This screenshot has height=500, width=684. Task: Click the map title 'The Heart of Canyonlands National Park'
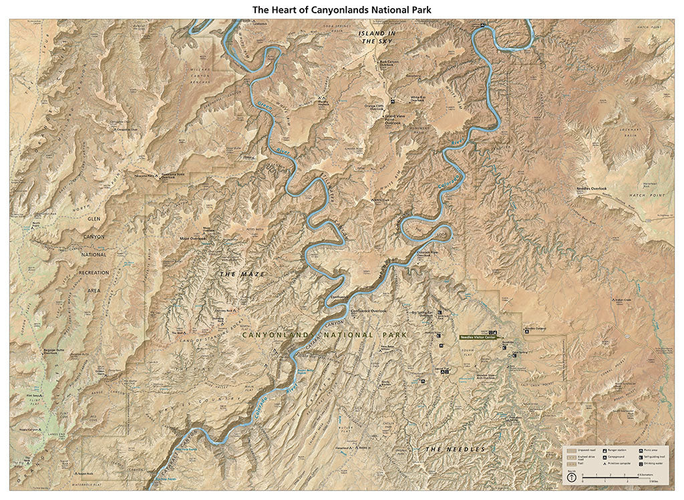pos(341,9)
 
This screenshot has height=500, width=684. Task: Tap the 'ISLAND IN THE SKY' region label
pos(377,37)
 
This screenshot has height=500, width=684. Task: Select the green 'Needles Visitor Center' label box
pos(478,338)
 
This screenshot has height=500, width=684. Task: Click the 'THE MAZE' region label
pos(242,275)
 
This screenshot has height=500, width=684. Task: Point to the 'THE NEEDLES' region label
pos(455,449)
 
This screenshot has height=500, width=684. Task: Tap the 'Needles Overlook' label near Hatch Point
pos(591,189)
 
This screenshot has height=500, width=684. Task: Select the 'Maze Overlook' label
pos(193,238)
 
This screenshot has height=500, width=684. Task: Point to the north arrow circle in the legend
pos(571,478)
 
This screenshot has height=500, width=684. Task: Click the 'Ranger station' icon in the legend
pos(605,451)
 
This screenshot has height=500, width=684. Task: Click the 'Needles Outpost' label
pos(536,328)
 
